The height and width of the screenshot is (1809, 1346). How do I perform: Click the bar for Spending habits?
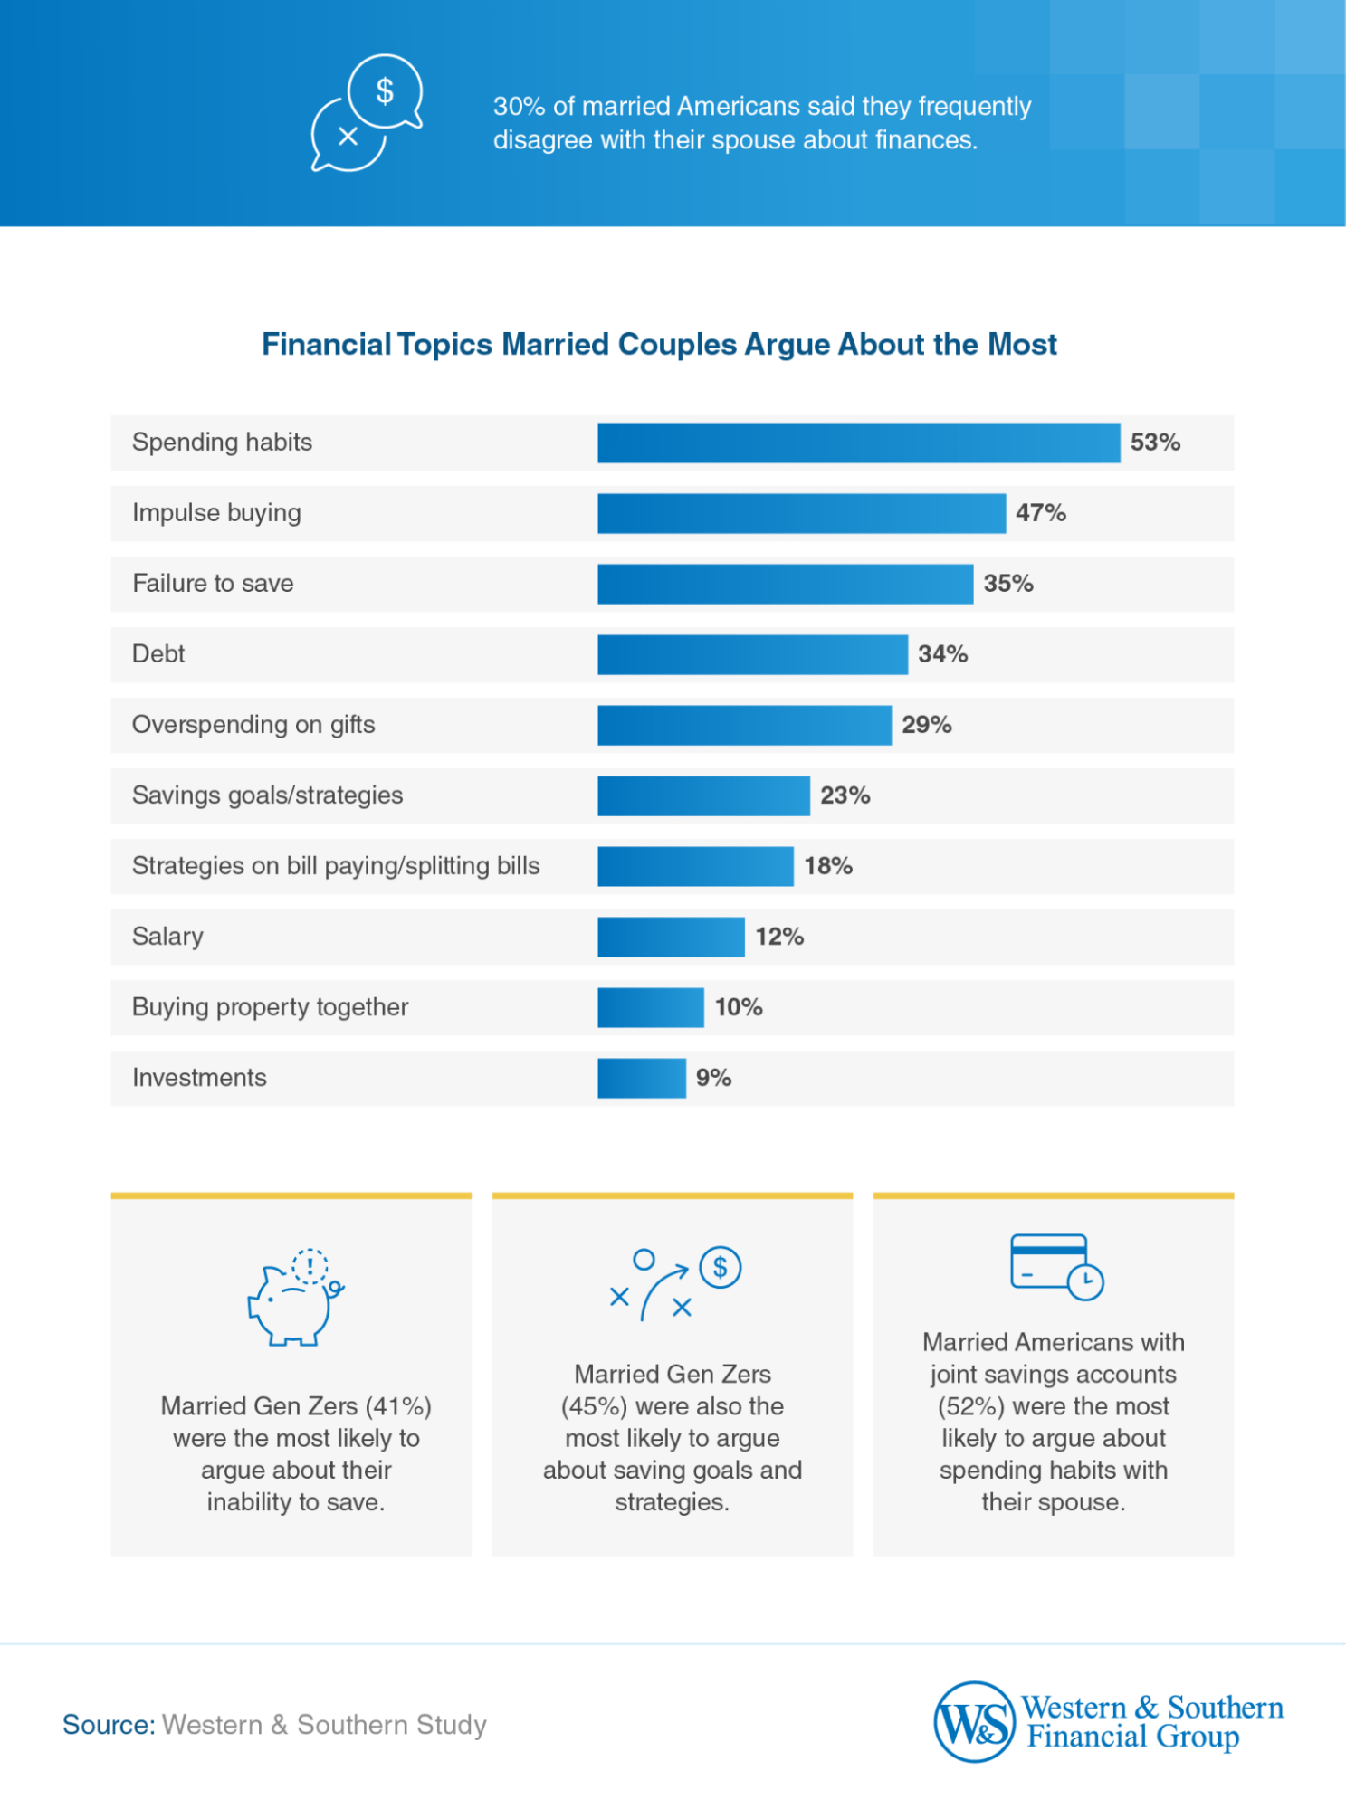click(857, 443)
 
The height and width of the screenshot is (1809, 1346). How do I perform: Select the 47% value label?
click(1040, 513)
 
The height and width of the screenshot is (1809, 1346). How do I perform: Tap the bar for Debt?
click(751, 654)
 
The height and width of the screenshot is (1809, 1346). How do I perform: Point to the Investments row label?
click(199, 1078)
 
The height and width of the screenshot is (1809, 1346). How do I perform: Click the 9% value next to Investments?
click(713, 1078)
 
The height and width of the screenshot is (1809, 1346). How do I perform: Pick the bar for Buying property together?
click(650, 1007)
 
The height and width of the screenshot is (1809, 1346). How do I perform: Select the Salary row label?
click(167, 937)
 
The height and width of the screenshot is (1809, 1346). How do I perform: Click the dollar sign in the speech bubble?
click(385, 90)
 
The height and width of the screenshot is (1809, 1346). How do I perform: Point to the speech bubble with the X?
click(347, 138)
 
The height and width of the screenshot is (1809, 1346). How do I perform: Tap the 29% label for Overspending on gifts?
click(926, 725)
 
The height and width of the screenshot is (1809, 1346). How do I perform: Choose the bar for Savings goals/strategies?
click(702, 795)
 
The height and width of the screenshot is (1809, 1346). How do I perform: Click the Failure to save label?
click(213, 584)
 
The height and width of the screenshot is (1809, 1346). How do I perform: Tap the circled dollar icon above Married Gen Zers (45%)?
click(720, 1267)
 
